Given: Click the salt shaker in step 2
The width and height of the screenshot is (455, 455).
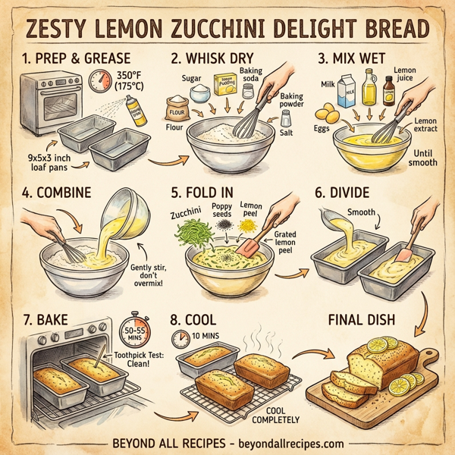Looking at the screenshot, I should click(287, 118).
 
